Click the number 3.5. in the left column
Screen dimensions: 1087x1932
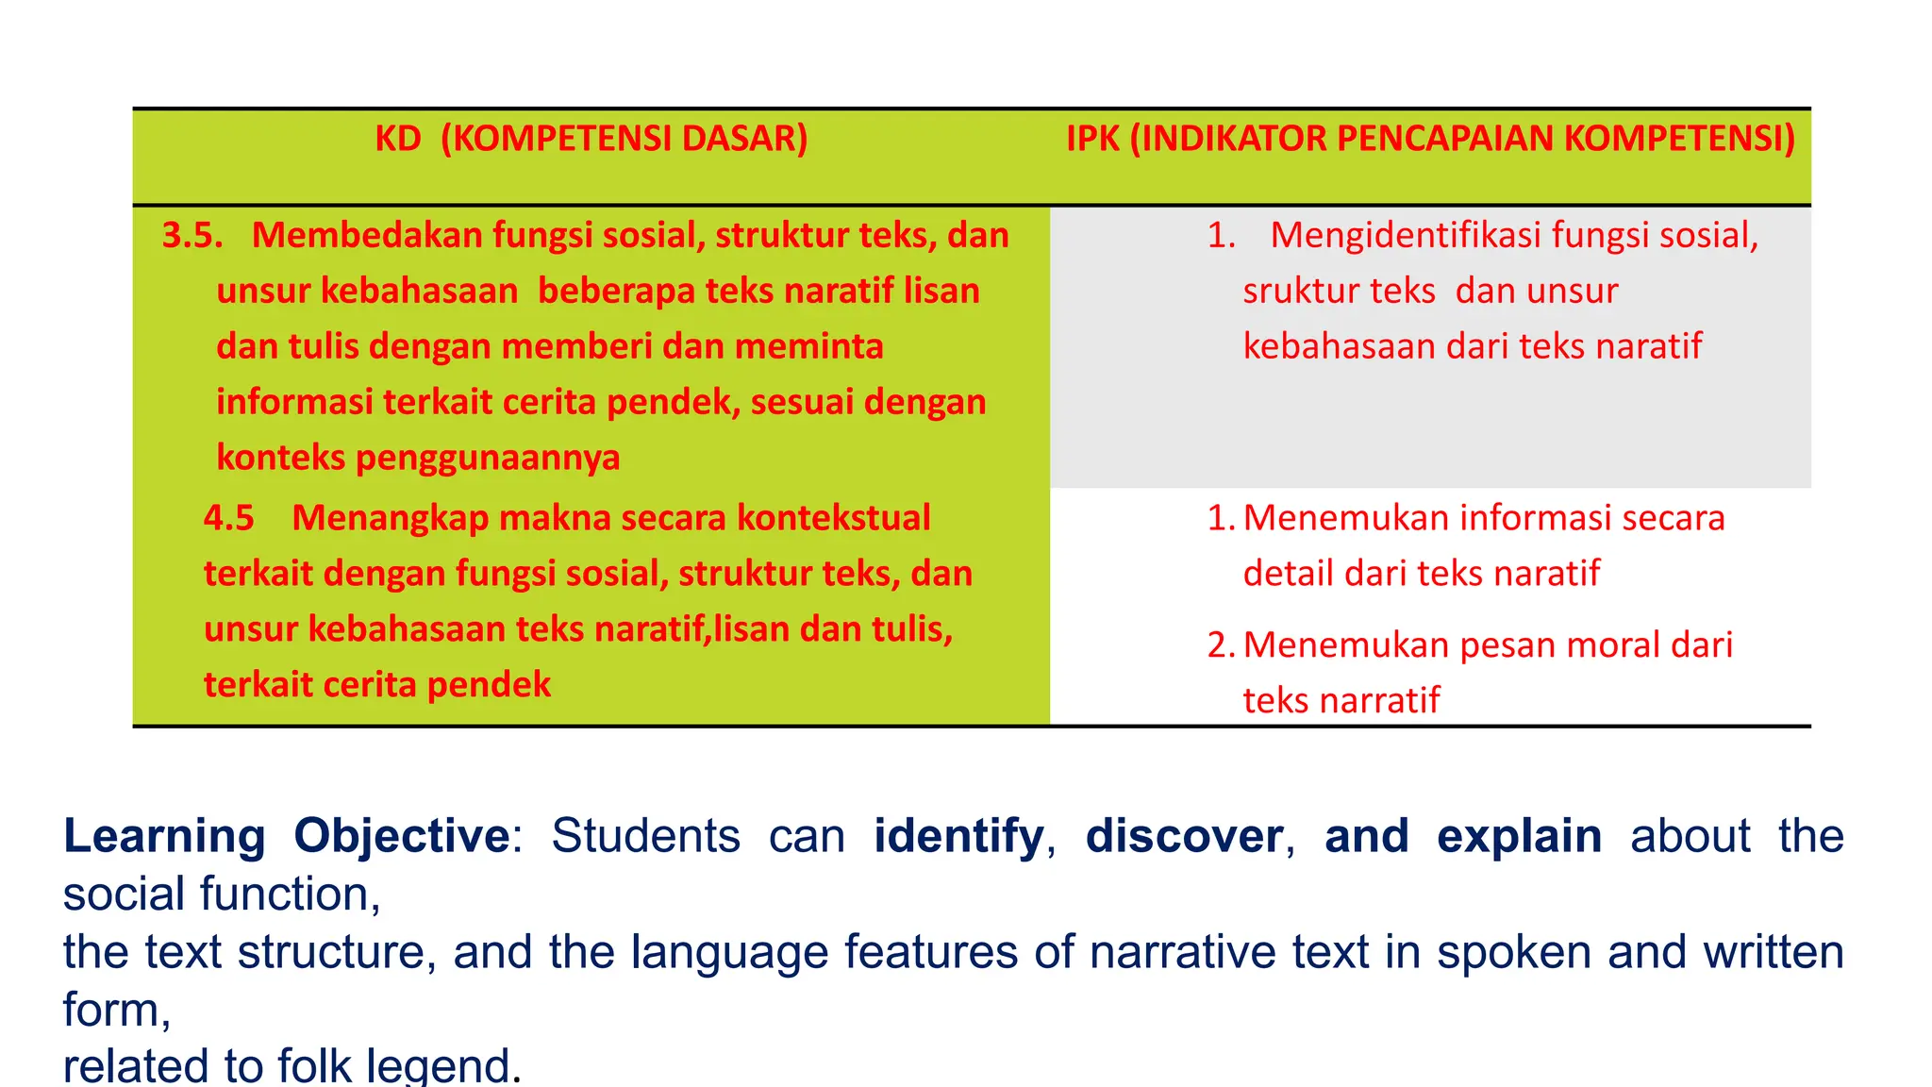click(192, 235)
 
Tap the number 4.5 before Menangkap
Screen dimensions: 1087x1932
click(229, 518)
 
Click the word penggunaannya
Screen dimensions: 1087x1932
click(488, 458)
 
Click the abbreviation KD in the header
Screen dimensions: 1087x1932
click(398, 139)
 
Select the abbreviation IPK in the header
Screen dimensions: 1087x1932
click(1092, 139)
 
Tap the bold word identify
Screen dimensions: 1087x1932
click(958, 836)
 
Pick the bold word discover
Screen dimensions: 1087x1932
click(1184, 836)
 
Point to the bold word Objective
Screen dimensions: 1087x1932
click(402, 836)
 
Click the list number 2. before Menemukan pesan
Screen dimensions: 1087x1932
click(1221, 645)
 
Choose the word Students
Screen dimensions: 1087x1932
click(645, 836)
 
